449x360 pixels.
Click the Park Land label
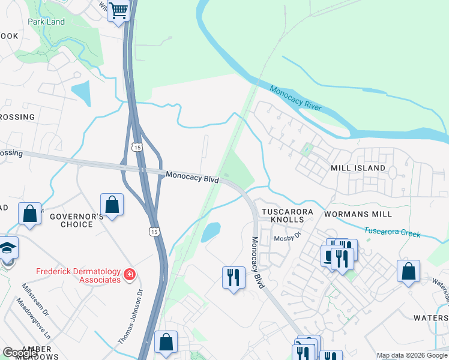tap(46, 22)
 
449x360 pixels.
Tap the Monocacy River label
tap(295, 99)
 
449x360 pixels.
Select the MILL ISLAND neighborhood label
tap(358, 169)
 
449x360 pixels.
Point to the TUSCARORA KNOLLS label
tap(283, 217)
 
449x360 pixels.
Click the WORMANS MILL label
tap(357, 214)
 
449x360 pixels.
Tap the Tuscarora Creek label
tap(393, 232)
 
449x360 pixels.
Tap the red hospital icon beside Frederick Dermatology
tap(128, 275)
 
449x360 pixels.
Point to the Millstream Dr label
tap(35, 299)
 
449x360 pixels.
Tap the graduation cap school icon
tap(7, 248)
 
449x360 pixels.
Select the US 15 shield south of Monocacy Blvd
tap(154, 232)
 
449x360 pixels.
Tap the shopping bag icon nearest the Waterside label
tap(408, 271)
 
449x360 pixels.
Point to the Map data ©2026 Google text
tap(411, 355)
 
